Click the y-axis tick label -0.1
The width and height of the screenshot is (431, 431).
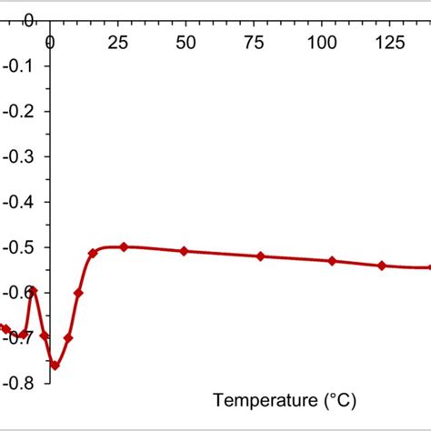19,65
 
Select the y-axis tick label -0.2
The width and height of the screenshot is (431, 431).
19,111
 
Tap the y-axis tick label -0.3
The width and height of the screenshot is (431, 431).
19,156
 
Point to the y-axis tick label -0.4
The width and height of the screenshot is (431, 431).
19,202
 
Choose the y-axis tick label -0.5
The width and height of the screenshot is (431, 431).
19,247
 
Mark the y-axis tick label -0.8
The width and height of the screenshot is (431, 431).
19,383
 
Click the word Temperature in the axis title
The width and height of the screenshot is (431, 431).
254,399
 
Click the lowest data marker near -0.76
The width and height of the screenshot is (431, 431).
55,365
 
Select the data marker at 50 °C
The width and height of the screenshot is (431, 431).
185,251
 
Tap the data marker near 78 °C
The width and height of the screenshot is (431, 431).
261,256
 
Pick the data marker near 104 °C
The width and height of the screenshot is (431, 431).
332,261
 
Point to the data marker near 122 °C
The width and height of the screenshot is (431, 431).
381,266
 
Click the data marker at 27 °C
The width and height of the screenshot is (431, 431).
124,246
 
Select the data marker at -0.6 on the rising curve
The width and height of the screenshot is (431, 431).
78,293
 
